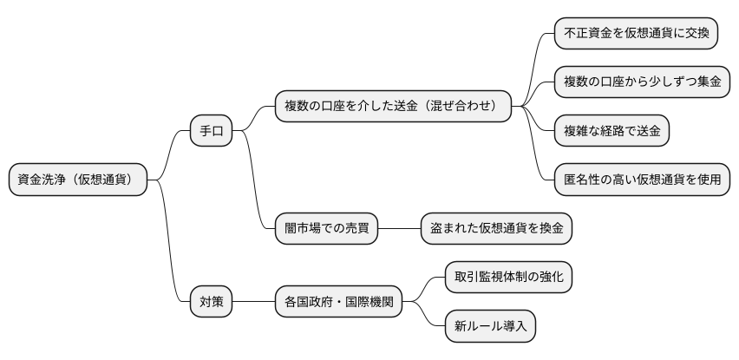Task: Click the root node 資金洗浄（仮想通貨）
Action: tap(77, 180)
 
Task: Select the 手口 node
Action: tap(212, 132)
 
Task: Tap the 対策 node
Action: tap(212, 302)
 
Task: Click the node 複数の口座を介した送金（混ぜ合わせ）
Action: tap(392, 107)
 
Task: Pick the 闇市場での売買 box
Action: tap(325, 229)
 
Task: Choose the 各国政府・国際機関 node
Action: tap(338, 302)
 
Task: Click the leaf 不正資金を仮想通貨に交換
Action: tap(636, 34)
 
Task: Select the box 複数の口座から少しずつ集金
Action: tap(641, 82)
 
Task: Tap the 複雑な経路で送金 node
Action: tap(611, 131)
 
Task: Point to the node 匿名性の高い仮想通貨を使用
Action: tap(641, 180)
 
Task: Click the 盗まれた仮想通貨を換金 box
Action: tap(496, 229)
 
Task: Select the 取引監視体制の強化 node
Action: tap(507, 278)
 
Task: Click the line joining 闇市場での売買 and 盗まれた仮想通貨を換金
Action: tap(399, 229)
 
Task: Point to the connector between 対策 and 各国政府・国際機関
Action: tap(253, 302)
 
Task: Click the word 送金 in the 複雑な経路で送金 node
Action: tap(645, 131)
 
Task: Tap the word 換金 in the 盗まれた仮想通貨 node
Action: tap(548, 229)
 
